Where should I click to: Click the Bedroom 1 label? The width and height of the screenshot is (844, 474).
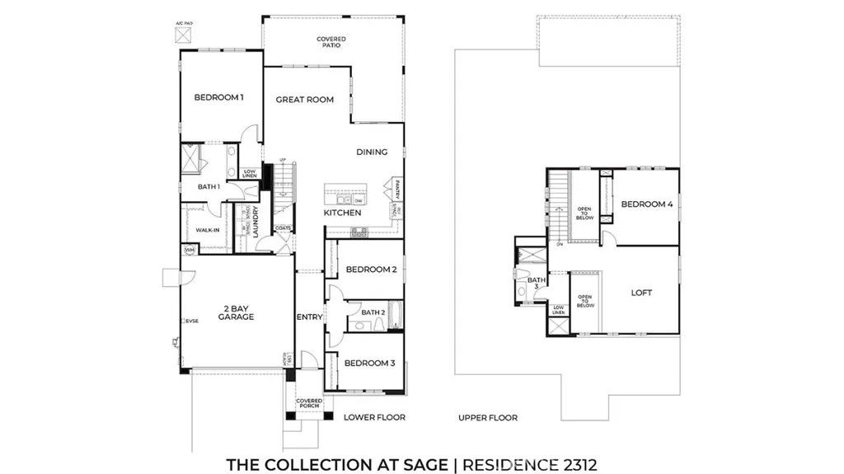click(x=218, y=97)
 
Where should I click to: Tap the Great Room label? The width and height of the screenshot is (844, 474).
click(x=304, y=100)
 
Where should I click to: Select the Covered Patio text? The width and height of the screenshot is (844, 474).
click(x=331, y=42)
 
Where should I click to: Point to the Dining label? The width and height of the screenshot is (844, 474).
click(x=372, y=152)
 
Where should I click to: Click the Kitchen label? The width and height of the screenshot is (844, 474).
click(x=342, y=213)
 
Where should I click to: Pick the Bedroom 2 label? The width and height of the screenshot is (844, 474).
click(x=371, y=270)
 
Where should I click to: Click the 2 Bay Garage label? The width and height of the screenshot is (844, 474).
click(x=236, y=312)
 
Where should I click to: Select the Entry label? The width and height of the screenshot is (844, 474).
click(x=308, y=317)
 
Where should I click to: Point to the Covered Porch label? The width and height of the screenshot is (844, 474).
click(x=309, y=404)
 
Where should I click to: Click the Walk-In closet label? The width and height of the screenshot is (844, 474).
click(x=207, y=230)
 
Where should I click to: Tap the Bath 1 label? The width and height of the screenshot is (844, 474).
click(x=209, y=187)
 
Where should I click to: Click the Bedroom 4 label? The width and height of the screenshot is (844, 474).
click(x=647, y=204)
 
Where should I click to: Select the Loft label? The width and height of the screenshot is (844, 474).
click(x=641, y=292)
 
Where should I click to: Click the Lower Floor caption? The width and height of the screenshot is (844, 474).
click(x=374, y=418)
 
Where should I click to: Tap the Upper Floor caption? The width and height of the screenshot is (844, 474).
click(x=488, y=418)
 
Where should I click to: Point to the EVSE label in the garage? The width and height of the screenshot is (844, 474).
click(x=192, y=321)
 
